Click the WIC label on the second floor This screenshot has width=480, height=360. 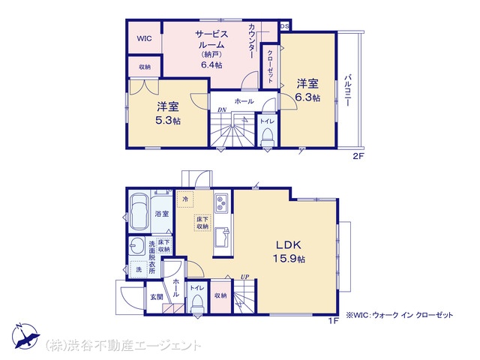point(144,38)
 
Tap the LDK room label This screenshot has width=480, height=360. point(289,245)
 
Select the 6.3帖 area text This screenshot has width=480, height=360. point(307,97)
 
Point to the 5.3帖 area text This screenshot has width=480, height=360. point(168,121)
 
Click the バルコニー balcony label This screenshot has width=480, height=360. point(347,90)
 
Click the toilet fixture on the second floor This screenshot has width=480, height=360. point(267,137)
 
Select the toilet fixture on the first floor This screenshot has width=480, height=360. point(196,302)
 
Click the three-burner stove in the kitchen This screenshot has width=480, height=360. point(220,203)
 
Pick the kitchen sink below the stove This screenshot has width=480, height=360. point(222,237)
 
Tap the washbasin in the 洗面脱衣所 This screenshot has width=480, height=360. point(136,245)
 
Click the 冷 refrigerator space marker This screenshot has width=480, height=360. point(185,199)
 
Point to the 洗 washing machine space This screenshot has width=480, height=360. point(138,269)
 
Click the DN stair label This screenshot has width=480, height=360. point(222,109)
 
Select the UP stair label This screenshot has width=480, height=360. point(244,277)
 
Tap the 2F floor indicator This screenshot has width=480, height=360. point(358,156)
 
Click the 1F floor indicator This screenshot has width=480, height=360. point(334,321)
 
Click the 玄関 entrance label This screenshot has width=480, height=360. point(157,297)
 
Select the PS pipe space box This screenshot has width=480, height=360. point(284,26)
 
